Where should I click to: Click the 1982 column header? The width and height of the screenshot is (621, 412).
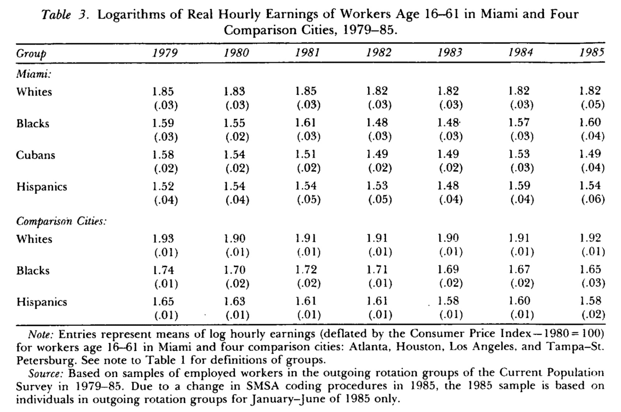[x=379, y=53]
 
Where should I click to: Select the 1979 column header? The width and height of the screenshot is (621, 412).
[x=165, y=53]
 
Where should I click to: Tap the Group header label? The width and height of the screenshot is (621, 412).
[x=31, y=53]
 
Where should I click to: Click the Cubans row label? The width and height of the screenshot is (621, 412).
[x=35, y=155]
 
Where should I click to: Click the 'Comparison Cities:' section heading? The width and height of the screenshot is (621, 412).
[x=61, y=221]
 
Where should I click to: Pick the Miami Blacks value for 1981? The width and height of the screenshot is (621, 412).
[x=305, y=123]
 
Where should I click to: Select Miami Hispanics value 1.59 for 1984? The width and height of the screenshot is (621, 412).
[x=519, y=186]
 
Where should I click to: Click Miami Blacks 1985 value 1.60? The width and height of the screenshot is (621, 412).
[x=590, y=122]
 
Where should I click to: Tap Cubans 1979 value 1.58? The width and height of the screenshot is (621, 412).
[x=163, y=154]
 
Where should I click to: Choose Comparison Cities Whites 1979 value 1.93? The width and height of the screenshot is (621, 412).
[x=163, y=238]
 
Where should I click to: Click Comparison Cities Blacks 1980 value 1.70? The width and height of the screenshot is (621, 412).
[x=234, y=270]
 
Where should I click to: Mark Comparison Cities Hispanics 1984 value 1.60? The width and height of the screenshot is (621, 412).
[x=519, y=301]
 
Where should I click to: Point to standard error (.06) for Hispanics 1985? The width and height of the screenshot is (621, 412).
[x=592, y=199]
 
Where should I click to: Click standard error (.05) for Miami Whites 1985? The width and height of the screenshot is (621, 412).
[x=592, y=105]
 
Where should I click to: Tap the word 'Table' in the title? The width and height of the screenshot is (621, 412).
[x=56, y=15]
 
